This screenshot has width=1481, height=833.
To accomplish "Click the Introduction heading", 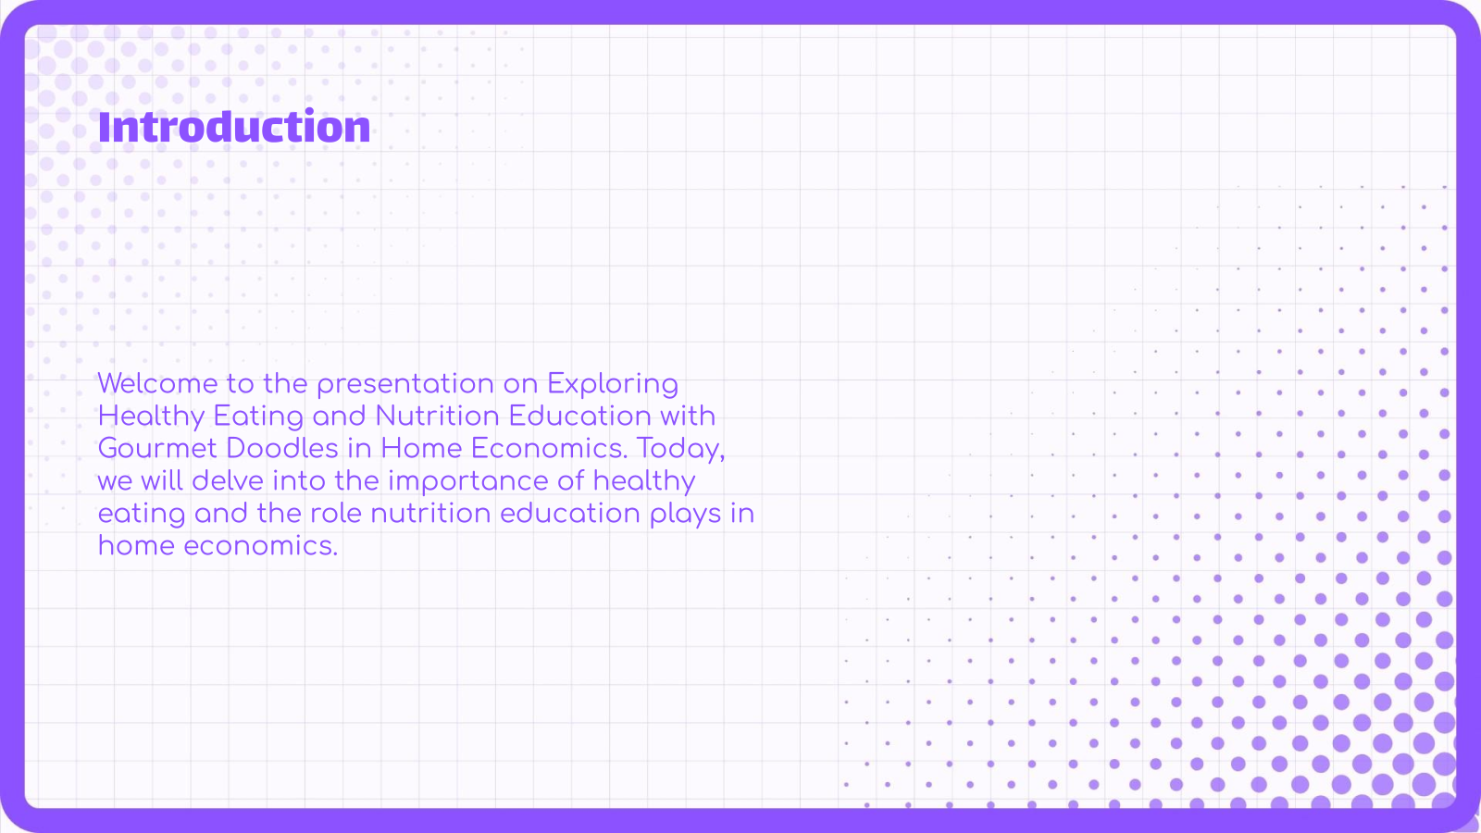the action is click(x=234, y=126).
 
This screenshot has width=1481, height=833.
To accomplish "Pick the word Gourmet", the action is click(x=157, y=449).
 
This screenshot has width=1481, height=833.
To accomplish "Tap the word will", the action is click(x=162, y=480).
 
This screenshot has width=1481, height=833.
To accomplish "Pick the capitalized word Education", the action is click(x=579, y=416).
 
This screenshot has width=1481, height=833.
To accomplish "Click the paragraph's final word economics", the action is click(x=260, y=546).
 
